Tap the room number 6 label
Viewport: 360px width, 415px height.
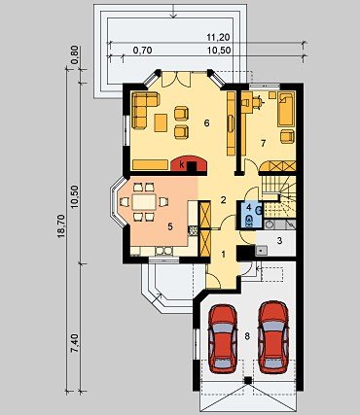[206, 122]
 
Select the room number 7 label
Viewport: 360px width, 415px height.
[264, 143]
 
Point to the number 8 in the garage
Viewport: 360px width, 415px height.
[247, 336]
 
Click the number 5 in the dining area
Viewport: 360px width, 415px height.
[170, 226]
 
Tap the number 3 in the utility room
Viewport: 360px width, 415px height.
[279, 240]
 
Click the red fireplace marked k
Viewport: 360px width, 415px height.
[189, 163]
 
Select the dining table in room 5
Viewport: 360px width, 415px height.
[144, 201]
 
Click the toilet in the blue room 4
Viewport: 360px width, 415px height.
[249, 221]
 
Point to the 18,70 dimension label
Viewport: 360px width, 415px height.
[60, 226]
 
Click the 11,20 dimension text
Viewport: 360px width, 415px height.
[218, 38]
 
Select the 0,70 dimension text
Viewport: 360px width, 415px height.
[142, 51]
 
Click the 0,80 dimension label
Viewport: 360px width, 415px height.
[75, 55]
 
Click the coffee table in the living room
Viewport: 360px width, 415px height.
[161, 122]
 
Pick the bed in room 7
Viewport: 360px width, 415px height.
[286, 109]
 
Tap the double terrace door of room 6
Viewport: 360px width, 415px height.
[175, 80]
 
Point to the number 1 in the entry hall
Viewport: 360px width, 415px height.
[223, 254]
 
